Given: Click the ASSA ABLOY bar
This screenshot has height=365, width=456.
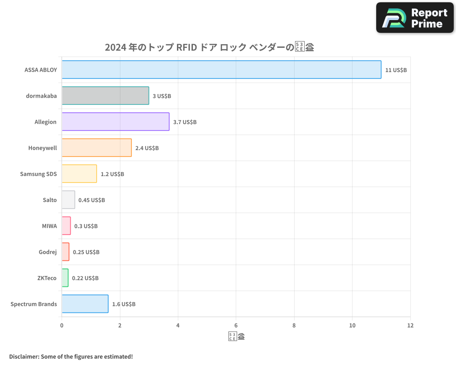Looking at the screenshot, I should pos(221,69).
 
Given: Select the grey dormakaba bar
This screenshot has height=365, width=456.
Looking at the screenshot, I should pos(105,96).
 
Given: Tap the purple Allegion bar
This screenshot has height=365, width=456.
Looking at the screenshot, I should pos(115,122).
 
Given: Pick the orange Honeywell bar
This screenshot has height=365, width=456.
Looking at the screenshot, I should pos(97,148).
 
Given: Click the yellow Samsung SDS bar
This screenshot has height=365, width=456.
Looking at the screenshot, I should pos(79,174).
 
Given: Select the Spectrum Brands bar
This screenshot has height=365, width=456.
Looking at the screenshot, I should pos(85,304).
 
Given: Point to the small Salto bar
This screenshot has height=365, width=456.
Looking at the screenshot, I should pos(68,200).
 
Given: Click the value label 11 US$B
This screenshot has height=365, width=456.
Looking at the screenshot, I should pos(396,70).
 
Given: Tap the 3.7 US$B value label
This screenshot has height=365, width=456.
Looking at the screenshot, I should pos(185,122).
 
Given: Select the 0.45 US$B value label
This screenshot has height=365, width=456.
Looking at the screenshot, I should pos(92,200).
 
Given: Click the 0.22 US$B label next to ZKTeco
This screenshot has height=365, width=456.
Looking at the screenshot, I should pos(85,278).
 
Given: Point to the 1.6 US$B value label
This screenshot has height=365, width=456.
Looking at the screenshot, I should pos(124,304).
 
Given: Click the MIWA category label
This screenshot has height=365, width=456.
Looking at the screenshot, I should pos(49,226).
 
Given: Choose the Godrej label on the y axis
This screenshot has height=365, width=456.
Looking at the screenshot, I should pos(48,252).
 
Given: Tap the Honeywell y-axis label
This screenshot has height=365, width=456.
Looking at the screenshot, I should pos(42,148).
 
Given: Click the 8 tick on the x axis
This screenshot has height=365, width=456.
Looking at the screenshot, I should pos(294,325).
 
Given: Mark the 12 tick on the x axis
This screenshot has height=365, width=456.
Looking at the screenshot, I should pos(410,325).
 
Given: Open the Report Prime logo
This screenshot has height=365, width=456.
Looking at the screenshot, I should pos(415,18).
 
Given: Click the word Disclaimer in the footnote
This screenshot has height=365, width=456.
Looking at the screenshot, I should pos(23,356).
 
